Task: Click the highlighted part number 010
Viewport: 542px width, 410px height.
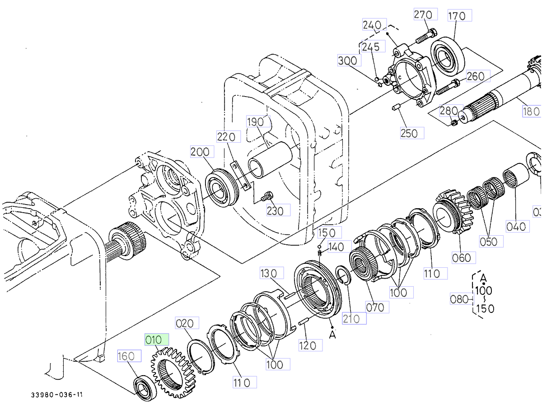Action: [156, 340]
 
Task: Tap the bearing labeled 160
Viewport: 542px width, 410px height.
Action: [145, 387]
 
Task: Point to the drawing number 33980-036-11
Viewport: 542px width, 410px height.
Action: [57, 395]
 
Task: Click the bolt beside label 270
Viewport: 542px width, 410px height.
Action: [425, 36]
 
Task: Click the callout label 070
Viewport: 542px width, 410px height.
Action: [375, 307]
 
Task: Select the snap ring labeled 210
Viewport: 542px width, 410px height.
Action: [344, 276]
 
